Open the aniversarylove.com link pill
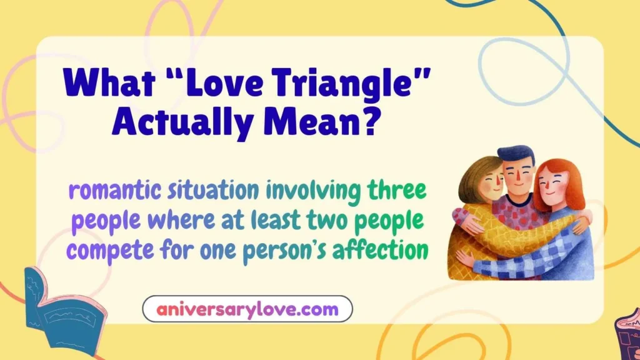tap(247, 309)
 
